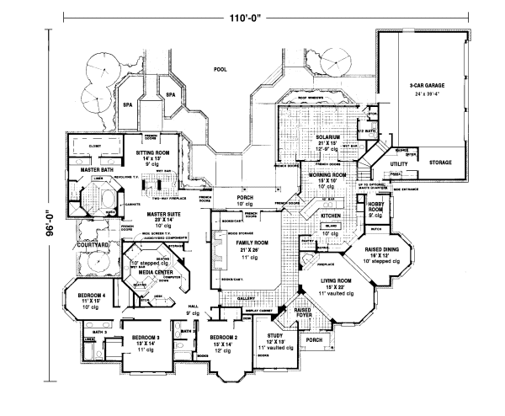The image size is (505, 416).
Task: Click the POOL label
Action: [x=221, y=71]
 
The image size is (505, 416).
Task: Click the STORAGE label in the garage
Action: [x=439, y=162]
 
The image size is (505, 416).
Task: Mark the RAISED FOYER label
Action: [x=302, y=312]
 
